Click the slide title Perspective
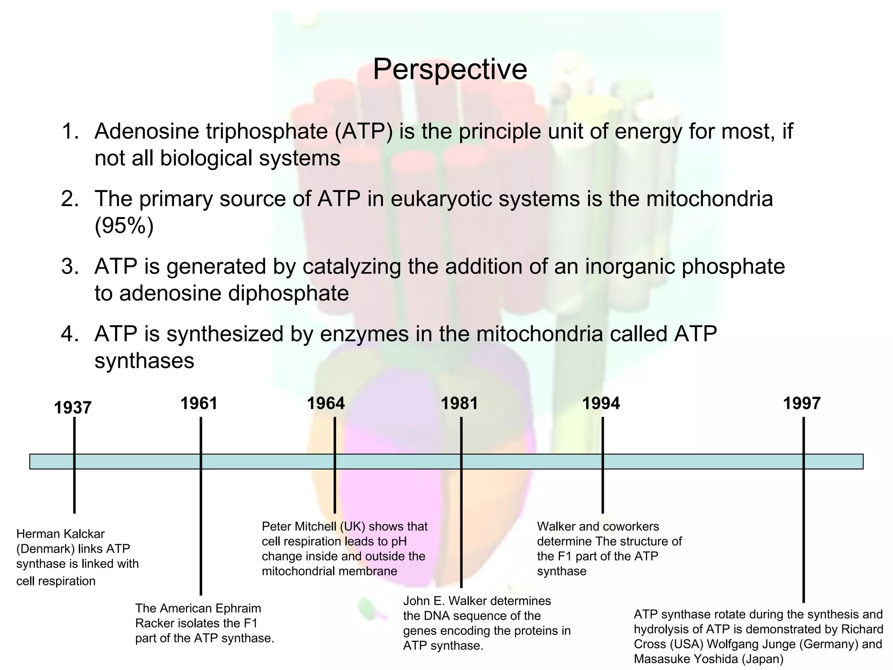pyautogui.click(x=450, y=69)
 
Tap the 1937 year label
pyautogui.click(x=72, y=408)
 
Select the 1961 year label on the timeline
pyautogui.click(x=199, y=403)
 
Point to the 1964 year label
pyautogui.click(x=326, y=403)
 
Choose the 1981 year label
pyautogui.click(x=459, y=403)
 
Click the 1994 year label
pyautogui.click(x=601, y=403)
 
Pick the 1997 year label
pyautogui.click(x=801, y=403)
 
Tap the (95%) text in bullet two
pyautogui.click(x=124, y=226)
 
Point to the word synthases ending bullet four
pyautogui.click(x=144, y=361)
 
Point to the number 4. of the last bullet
pyautogui.click(x=70, y=334)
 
